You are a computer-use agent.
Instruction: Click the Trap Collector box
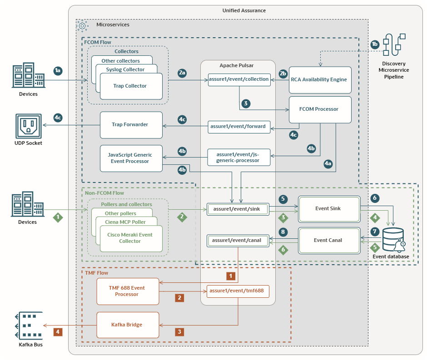tap(131, 86)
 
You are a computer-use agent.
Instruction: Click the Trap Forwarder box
tap(131, 125)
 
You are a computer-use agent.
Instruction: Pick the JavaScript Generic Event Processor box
tap(131, 158)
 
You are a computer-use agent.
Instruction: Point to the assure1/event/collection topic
tap(239, 79)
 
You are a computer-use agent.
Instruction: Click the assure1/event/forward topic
tap(239, 127)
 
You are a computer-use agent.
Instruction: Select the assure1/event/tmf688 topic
tap(238, 291)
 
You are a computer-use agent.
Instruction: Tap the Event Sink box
tap(328, 209)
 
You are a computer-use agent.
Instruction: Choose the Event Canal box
tap(328, 240)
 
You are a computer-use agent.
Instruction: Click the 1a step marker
tap(58, 70)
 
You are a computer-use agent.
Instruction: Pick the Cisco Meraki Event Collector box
tap(130, 238)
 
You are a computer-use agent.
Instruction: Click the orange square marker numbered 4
tap(58, 331)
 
